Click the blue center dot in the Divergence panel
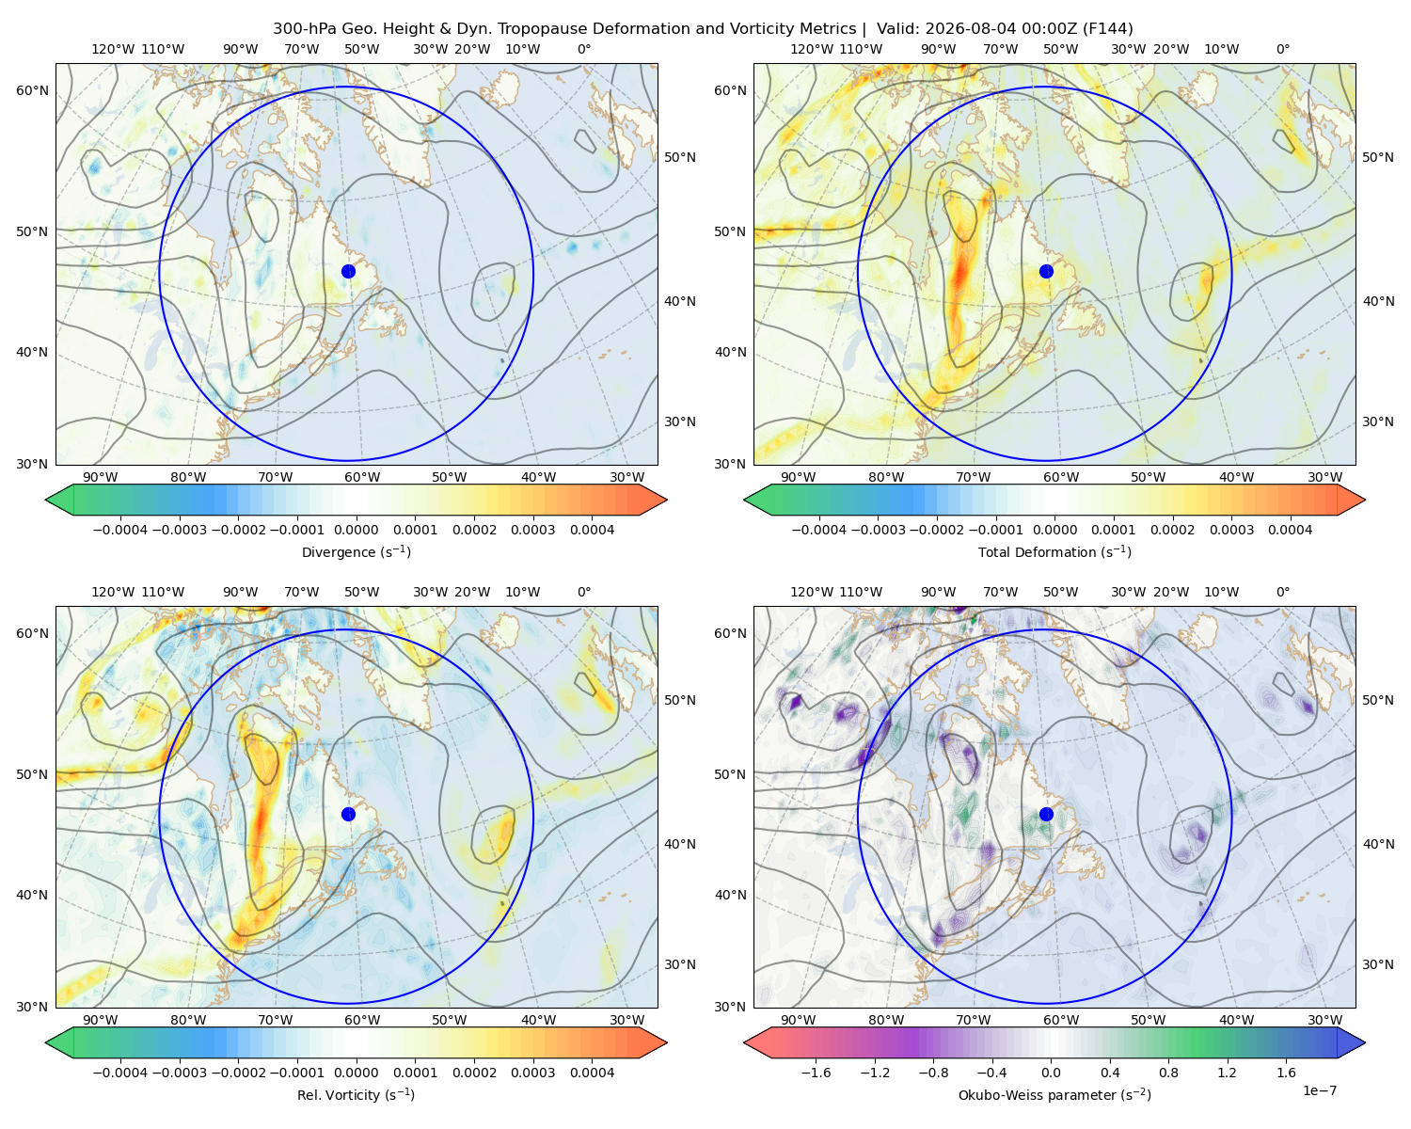[x=348, y=271]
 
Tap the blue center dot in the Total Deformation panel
[x=1046, y=271]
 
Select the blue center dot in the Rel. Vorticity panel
[x=348, y=814]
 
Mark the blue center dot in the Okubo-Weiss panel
[x=1046, y=814]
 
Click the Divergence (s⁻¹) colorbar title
[x=356, y=551]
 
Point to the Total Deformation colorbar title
[x=1054, y=551]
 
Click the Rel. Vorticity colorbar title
[x=356, y=1094]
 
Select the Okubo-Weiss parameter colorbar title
[x=1054, y=1094]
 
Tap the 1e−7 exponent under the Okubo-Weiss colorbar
[x=1319, y=1090]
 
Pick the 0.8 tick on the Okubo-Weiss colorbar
[x=1168, y=1072]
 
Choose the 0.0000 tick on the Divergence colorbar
[x=356, y=530]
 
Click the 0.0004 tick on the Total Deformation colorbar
[x=1290, y=530]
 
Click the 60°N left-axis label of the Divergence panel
[x=32, y=90]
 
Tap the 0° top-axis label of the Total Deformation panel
[x=1282, y=49]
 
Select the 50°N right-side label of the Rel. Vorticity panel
[x=680, y=699]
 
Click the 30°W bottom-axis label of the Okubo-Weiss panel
[x=1325, y=1020]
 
